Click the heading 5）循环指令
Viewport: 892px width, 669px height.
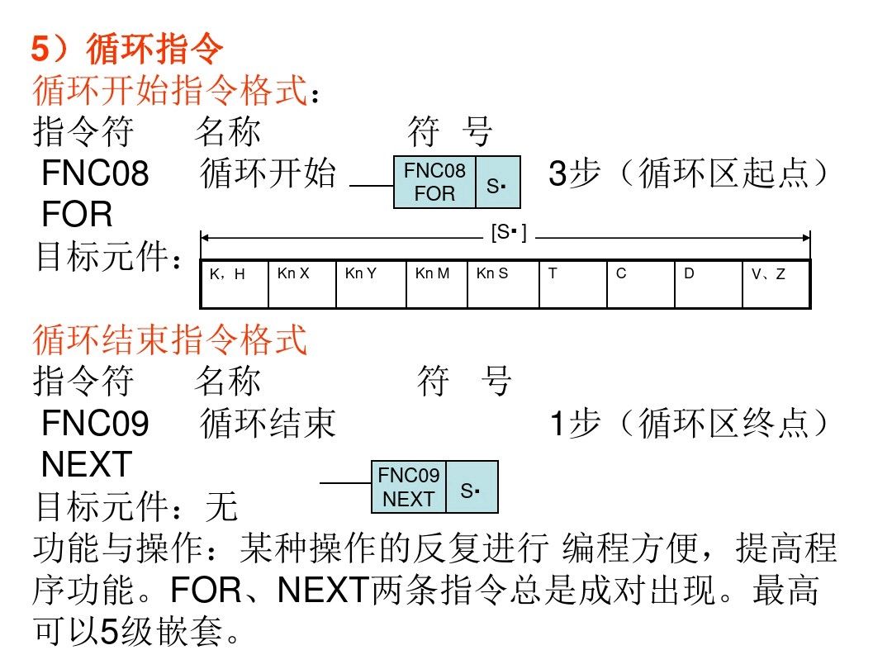coord(127,50)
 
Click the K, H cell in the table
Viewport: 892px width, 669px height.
coord(235,283)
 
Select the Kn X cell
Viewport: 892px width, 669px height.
coord(302,283)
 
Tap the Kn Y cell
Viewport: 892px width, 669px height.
coord(371,283)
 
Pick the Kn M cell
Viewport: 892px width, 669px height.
coord(437,283)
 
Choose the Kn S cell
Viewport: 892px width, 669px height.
coord(503,283)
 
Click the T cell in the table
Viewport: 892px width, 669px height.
coord(573,283)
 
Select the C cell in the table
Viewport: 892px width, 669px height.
coord(641,283)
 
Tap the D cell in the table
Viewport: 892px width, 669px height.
coord(709,283)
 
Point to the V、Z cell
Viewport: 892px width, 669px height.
coord(776,283)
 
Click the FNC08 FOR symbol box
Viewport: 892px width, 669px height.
coord(435,182)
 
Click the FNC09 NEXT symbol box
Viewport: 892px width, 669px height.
coord(409,487)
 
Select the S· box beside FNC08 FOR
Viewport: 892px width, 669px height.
coord(497,182)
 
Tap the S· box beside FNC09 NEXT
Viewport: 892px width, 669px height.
coord(472,487)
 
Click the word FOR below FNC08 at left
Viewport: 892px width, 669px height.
coord(77,215)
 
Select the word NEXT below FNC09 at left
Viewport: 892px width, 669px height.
coord(87,465)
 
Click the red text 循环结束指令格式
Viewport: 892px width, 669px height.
coord(170,339)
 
